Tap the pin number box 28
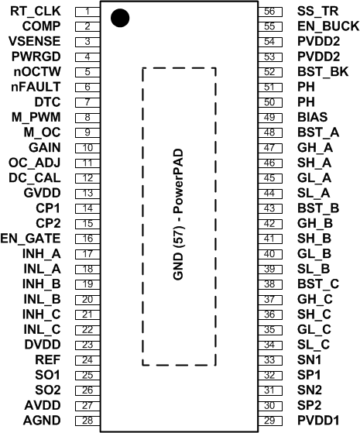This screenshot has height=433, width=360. pyautogui.click(x=88, y=420)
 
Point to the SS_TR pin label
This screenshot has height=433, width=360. pyautogui.click(x=317, y=12)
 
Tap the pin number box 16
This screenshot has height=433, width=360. pyautogui.click(x=88, y=239)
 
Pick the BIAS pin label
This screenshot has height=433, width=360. pyautogui.click(x=310, y=117)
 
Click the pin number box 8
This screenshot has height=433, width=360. pyautogui.click(x=88, y=117)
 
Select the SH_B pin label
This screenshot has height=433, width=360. pyautogui.click(x=314, y=239)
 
